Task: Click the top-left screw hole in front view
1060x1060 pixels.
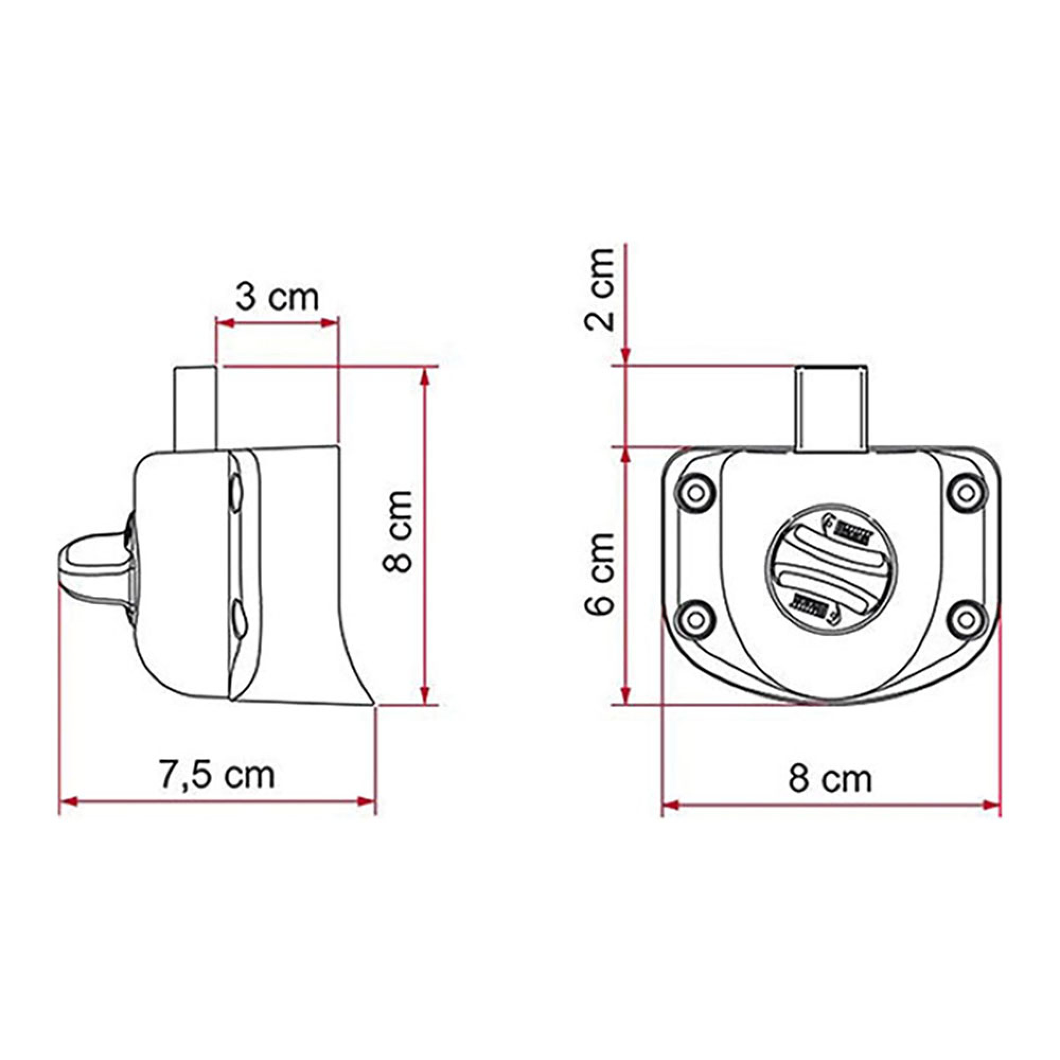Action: (x=696, y=493)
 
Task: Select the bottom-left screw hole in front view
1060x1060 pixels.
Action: (x=696, y=620)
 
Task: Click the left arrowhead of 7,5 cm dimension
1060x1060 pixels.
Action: (x=67, y=802)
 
